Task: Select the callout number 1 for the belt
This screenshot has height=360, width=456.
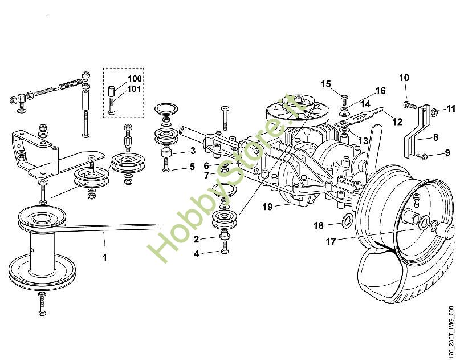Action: (x=104, y=257)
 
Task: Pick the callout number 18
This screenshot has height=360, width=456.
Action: (x=319, y=225)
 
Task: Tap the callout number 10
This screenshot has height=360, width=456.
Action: (x=404, y=78)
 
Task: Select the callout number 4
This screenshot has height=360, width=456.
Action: (x=197, y=254)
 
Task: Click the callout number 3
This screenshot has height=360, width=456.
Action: (x=193, y=151)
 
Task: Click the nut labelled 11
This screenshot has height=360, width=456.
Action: (x=433, y=109)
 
